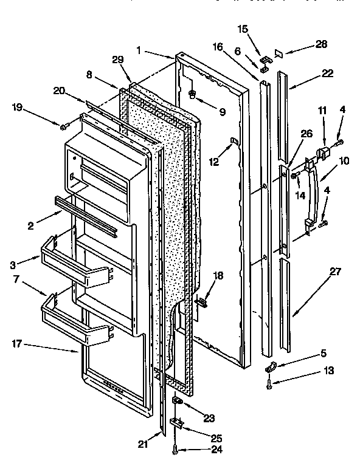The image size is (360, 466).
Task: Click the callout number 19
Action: [18, 108]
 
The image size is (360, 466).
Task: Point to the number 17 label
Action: [17, 344]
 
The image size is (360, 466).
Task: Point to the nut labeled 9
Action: [192, 94]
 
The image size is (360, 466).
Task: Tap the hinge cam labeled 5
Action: [269, 366]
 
